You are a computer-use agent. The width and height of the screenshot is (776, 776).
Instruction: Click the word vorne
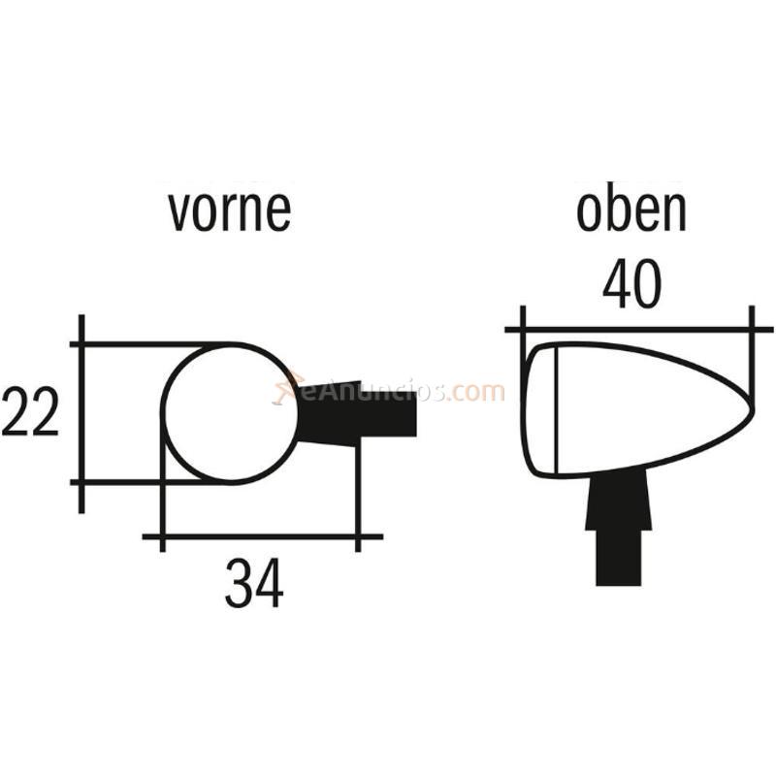point(229,210)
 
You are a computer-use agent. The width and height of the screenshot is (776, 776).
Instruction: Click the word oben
point(631,210)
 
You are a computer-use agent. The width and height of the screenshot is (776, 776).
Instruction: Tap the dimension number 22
point(30,412)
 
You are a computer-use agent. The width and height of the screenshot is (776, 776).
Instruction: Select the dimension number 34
point(254,585)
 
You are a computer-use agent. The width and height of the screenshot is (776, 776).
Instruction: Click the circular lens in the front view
point(229,413)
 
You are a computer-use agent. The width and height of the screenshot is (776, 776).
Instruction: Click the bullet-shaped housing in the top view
point(640,407)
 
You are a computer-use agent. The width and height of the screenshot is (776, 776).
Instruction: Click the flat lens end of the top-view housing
point(539,408)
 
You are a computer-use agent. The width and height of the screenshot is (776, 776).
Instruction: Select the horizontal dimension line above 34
point(262,535)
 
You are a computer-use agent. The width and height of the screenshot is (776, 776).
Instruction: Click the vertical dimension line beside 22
point(81,413)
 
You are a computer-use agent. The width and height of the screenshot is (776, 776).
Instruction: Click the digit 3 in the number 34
point(240,585)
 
